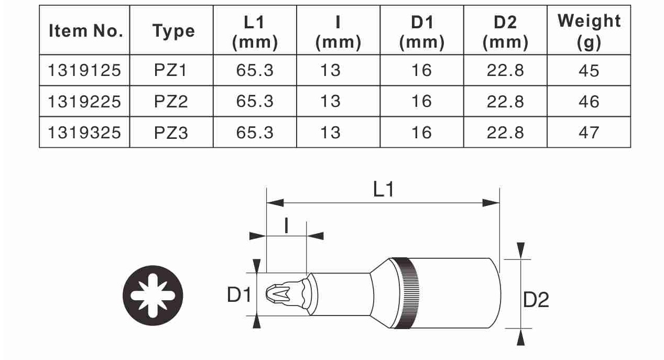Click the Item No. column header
[85, 30]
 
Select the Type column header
[173, 31]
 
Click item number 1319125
[84, 71]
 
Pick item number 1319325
[84, 133]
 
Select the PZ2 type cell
[171, 102]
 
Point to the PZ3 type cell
[171, 133]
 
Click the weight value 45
[589, 71]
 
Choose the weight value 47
[589, 133]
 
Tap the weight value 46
[589, 102]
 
